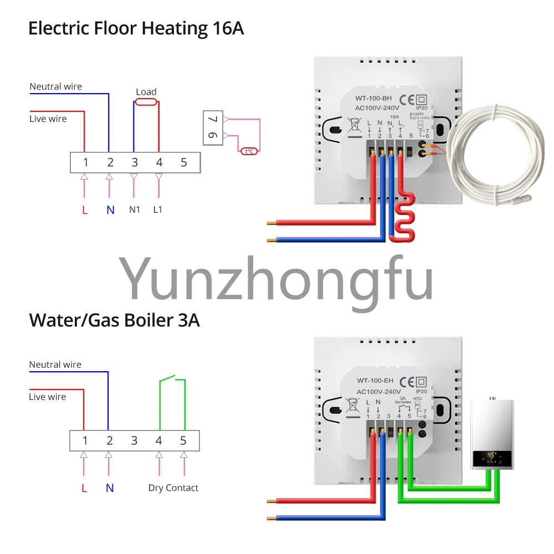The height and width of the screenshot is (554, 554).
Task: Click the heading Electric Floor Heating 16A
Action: coord(136,28)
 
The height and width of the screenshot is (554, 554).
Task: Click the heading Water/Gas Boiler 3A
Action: coord(114,320)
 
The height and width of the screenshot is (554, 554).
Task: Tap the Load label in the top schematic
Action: coord(146,92)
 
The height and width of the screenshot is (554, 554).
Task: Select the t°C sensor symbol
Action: coord(249,151)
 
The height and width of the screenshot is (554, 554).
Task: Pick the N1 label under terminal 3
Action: coord(134,210)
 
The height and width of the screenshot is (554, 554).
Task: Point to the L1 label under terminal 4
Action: coord(159,210)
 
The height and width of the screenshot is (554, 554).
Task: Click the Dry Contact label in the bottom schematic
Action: coord(173,488)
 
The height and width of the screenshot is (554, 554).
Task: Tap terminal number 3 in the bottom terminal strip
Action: coord(134,441)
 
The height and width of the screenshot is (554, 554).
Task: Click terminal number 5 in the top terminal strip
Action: coord(184,162)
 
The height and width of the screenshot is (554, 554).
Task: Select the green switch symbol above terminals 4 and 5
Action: coord(172,381)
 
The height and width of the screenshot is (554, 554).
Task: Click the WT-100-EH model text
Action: coord(375,381)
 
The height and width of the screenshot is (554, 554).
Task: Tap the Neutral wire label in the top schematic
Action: coord(55,86)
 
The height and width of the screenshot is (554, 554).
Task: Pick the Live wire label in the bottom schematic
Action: coord(48,397)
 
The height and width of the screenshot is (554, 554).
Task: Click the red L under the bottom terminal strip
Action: coord(84,488)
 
